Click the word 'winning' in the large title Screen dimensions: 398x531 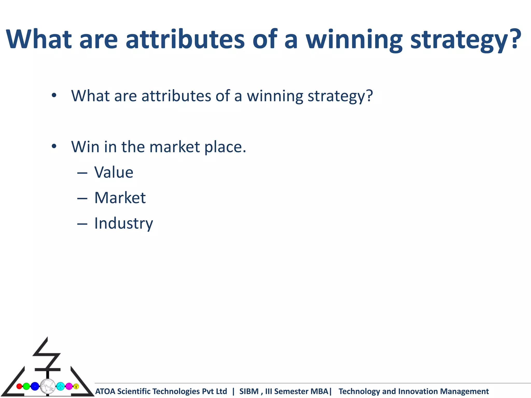(x=354, y=39)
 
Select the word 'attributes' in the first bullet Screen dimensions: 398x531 (x=176, y=96)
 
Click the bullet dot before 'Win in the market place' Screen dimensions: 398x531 (x=54, y=147)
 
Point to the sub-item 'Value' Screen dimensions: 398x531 (x=114, y=172)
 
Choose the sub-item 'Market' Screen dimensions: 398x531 (x=120, y=198)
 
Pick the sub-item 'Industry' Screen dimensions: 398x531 (x=123, y=223)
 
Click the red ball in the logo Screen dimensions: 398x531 (x=19, y=386)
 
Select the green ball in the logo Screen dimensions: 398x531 (x=26, y=386)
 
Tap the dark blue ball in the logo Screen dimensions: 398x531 (x=35, y=386)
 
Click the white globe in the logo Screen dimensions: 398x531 (x=48, y=386)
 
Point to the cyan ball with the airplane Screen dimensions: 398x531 (x=60, y=386)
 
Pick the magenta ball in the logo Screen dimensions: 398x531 (x=69, y=386)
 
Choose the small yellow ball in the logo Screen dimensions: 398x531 (x=76, y=386)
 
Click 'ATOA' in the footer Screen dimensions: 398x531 (x=105, y=391)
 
